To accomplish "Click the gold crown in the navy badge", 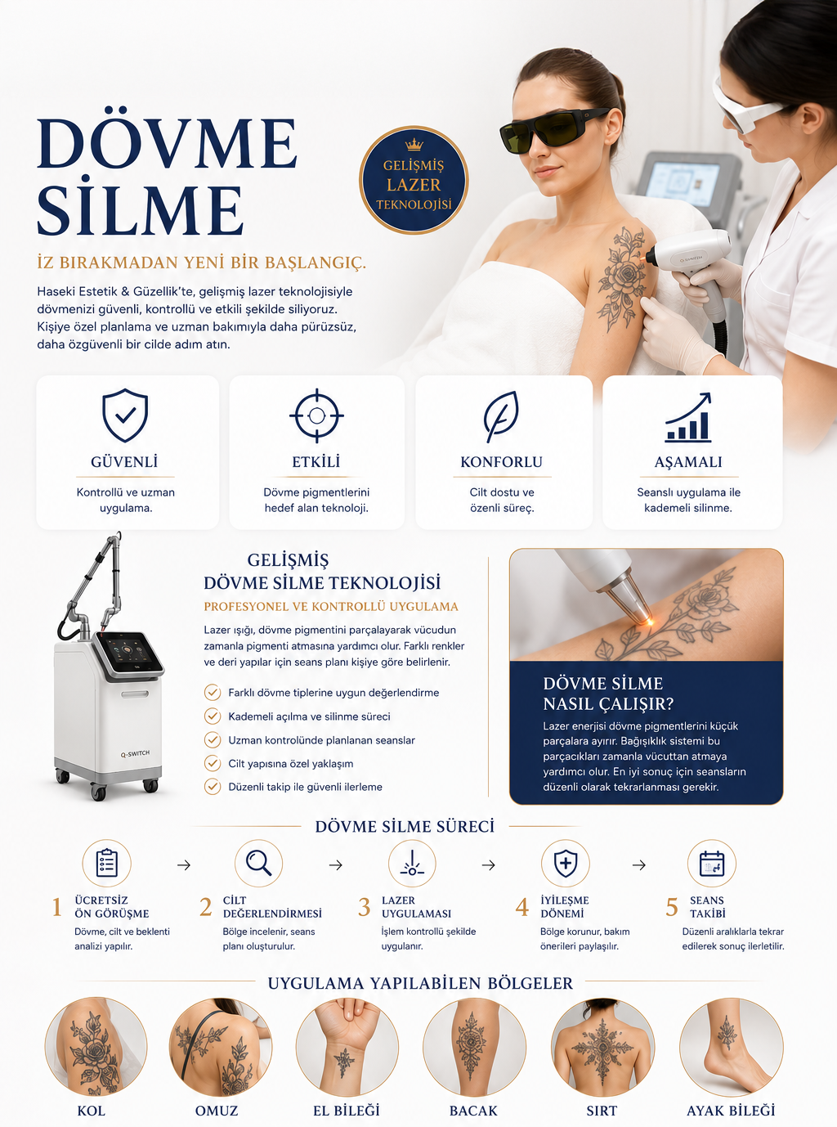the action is click(414, 145).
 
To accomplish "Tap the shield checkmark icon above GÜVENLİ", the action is click(125, 415).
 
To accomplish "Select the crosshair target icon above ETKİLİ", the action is click(316, 415).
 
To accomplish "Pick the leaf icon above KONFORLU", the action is click(501, 416).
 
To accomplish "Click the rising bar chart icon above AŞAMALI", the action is click(688, 417).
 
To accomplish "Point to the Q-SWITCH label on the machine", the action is click(135, 753).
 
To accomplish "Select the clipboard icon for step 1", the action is click(106, 864).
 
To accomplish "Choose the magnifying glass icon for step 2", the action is click(258, 864).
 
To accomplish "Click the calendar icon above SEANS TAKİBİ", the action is click(712, 864).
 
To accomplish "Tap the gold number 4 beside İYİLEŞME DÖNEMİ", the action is click(521, 908).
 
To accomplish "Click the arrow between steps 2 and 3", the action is click(336, 864).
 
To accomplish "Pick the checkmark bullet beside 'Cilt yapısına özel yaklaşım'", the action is click(213, 763).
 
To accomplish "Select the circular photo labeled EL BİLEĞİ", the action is click(347, 1047).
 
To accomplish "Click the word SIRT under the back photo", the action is click(602, 1111).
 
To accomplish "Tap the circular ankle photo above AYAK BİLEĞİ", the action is click(732, 1047).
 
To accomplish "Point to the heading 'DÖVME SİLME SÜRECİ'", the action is click(405, 827).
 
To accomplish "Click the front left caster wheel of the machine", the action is click(99, 792).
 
